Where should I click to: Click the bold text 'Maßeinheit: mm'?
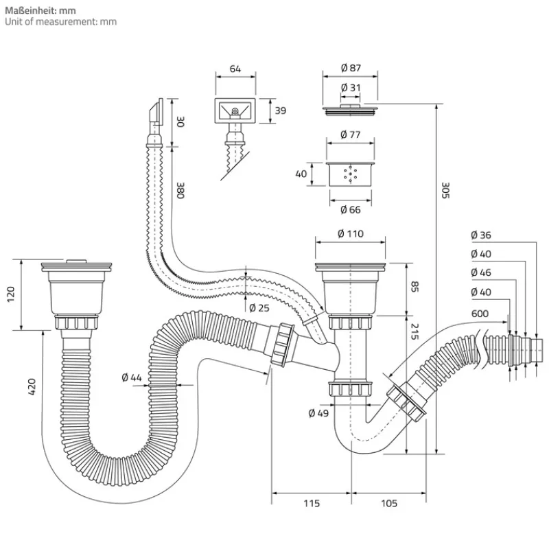click(40, 10)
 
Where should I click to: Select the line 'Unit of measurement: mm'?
click(61, 22)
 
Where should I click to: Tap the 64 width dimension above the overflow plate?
click(235, 69)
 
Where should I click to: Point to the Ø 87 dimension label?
click(350, 69)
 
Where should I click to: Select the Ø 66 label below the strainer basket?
click(350, 209)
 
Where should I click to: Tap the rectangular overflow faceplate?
click(235, 110)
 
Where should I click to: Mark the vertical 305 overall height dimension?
click(444, 190)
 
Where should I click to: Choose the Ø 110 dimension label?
click(350, 234)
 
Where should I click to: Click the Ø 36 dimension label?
click(481, 235)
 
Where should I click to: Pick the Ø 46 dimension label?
click(481, 272)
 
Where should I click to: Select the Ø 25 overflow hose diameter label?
click(259, 307)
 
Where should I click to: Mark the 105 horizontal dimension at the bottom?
click(388, 504)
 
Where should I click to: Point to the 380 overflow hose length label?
click(180, 190)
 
